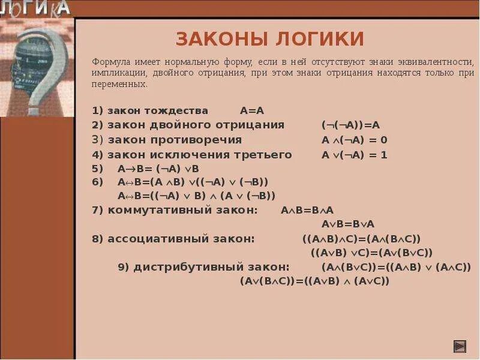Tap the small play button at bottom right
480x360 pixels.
pyautogui.click(x=459, y=346)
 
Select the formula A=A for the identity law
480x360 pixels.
pyautogui.click(x=252, y=110)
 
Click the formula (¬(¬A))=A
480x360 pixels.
pyautogui.click(x=351, y=125)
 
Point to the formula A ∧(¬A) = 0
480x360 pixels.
pyautogui.click(x=355, y=140)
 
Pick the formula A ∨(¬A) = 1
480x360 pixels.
pyautogui.click(x=355, y=155)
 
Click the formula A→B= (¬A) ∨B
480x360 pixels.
pyautogui.click(x=158, y=169)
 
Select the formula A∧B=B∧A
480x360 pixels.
pyautogui.click(x=307, y=210)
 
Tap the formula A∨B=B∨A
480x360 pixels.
pyautogui.click(x=348, y=224)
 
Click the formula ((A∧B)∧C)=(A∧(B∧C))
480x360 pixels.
pyautogui.click(x=362, y=239)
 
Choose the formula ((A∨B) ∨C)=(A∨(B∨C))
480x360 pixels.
pyautogui.click(x=371, y=253)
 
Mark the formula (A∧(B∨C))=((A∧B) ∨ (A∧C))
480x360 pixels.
pyautogui.click(x=397, y=267)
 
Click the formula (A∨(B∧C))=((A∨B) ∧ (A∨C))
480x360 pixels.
pyautogui.click(x=314, y=280)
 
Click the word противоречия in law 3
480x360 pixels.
pyautogui.click(x=205, y=140)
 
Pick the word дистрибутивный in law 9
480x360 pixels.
pyautogui.click(x=212, y=267)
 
